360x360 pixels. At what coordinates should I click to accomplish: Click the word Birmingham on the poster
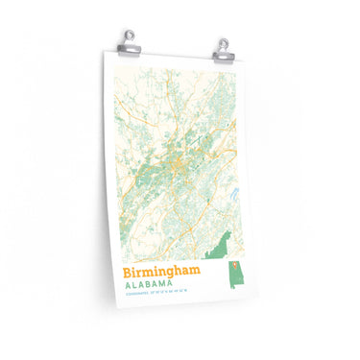click(163, 275)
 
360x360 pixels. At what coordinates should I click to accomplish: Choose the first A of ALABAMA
click(127, 288)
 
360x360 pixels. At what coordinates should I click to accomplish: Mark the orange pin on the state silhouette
click(232, 263)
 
